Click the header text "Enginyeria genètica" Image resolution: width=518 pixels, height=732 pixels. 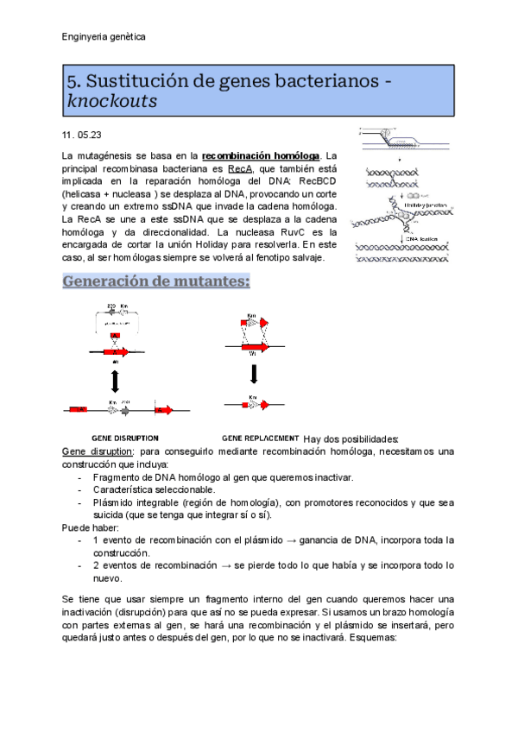pyautogui.click(x=104, y=37)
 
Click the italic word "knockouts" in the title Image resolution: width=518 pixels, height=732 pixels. pyautogui.click(x=111, y=101)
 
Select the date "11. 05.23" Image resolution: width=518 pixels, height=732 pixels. pyautogui.click(x=82, y=136)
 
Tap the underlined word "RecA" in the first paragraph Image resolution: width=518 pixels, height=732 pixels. pyautogui.click(x=240, y=168)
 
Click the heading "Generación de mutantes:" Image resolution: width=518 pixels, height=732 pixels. pyautogui.click(x=156, y=281)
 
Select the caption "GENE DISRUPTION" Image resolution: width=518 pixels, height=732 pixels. pyautogui.click(x=124, y=438)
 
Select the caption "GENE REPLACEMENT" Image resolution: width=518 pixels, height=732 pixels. pyautogui.click(x=261, y=438)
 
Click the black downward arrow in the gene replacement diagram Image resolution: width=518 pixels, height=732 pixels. pyautogui.click(x=253, y=374)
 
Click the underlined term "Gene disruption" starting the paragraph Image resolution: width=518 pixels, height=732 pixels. pyautogui.click(x=98, y=451)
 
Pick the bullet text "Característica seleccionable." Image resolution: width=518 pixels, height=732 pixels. pyautogui.click(x=154, y=489)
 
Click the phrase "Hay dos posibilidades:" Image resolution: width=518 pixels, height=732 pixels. pyautogui.click(x=352, y=439)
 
